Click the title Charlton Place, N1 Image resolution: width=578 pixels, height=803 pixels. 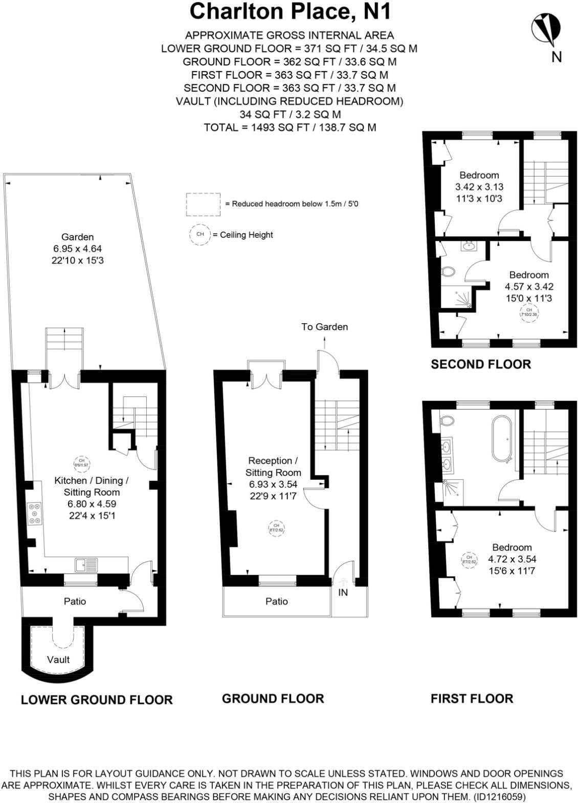290,11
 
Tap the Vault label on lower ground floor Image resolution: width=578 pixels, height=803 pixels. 58,660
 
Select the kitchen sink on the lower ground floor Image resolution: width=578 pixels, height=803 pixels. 86,565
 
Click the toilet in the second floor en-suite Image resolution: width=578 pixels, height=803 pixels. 449,271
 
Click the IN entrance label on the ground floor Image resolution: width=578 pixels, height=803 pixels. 343,593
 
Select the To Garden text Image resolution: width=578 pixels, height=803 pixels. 324,327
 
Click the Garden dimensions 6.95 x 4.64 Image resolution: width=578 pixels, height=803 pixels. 78,249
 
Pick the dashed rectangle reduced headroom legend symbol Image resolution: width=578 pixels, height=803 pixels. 204,204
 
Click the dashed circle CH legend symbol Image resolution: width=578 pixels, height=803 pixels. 200,235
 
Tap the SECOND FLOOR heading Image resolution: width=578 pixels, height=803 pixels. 481,364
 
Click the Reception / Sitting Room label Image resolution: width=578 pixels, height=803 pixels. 273,467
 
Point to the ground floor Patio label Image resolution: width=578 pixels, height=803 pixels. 276,601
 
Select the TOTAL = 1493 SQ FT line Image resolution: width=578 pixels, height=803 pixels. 290,127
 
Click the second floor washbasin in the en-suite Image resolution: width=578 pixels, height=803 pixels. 468,247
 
